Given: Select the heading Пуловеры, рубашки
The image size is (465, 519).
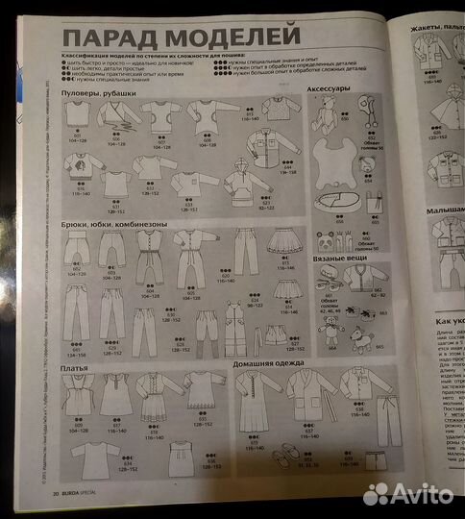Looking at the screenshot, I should [x=99, y=92].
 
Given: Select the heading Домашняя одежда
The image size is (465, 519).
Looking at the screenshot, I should [x=240, y=364].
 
